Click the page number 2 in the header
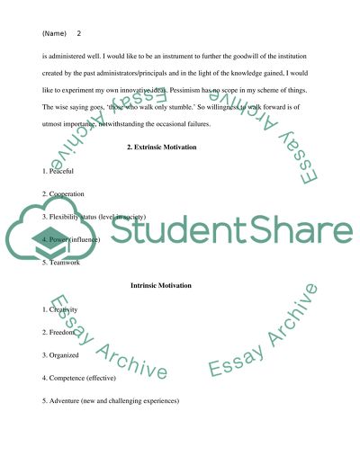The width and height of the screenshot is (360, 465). [x=79, y=33]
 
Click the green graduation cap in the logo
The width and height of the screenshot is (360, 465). [x=47, y=239]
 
